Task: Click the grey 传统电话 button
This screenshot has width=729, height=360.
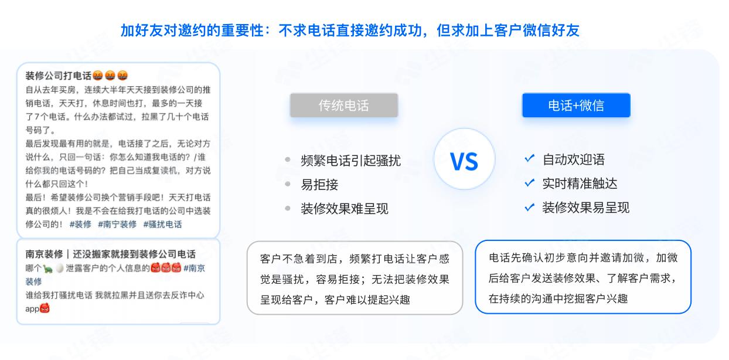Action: click(343, 105)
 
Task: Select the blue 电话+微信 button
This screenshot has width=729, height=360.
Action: click(576, 105)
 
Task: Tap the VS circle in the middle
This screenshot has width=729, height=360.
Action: click(464, 159)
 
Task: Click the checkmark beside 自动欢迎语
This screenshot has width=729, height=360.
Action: click(530, 158)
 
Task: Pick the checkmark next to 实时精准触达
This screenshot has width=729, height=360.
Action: click(530, 182)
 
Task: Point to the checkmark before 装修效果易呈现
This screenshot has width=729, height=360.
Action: click(530, 207)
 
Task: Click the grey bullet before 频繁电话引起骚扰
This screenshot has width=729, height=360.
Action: click(287, 159)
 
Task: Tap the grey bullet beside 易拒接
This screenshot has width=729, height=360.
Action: click(287, 184)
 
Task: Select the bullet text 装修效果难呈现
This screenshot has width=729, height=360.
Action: click(345, 209)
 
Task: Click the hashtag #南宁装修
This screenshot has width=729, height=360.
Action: click(117, 225)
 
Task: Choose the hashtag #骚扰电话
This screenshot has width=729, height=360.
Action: click(162, 225)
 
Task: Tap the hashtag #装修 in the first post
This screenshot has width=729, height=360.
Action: click(80, 225)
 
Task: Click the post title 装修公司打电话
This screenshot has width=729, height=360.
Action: click(58, 76)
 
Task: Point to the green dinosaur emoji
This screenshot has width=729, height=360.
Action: click(47, 269)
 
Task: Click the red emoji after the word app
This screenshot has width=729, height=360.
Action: click(45, 308)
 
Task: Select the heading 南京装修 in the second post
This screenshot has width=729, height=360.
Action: click(44, 254)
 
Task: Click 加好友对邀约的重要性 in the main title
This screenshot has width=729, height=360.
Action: click(192, 30)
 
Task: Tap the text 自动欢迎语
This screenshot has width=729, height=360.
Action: click(574, 159)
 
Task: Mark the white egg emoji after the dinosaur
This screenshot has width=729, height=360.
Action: click(60, 268)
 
